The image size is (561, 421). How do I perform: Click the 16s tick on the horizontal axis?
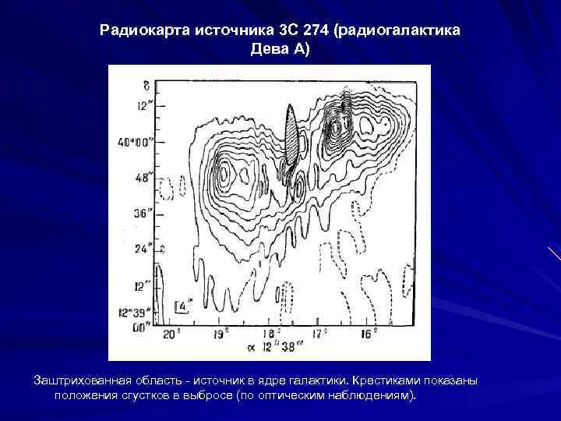[x=366, y=333]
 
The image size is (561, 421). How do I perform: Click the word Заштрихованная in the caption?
[x=83, y=380]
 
